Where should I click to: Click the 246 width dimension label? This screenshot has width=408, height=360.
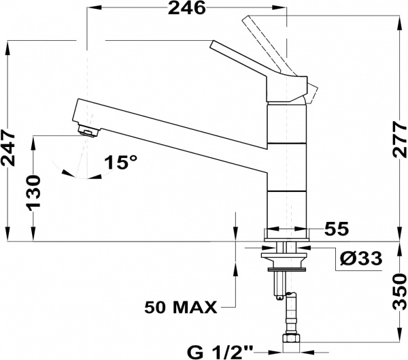(186, 8)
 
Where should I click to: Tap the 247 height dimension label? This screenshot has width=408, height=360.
(7, 149)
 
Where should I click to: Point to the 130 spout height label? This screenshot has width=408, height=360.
(34, 191)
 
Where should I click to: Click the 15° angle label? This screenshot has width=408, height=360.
(120, 162)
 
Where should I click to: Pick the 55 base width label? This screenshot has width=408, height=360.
(336, 229)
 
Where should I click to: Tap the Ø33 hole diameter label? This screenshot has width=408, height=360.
(361, 259)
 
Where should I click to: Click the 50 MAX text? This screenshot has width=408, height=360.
(181, 308)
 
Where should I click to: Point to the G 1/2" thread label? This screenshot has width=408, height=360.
(220, 353)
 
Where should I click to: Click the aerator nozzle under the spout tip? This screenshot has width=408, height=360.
(88, 130)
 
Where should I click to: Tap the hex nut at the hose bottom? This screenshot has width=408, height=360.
(291, 338)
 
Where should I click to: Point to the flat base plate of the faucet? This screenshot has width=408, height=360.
(287, 235)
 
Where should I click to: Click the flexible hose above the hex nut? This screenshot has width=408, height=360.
(291, 312)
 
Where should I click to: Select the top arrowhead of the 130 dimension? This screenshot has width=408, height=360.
(33, 142)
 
